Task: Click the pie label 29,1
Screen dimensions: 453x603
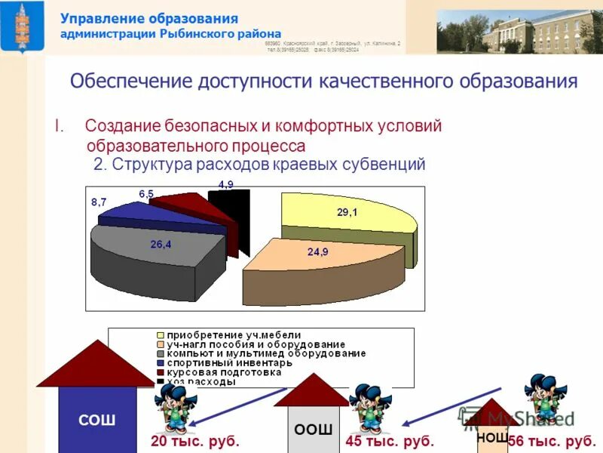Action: click(x=347, y=213)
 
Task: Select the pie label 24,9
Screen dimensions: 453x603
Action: click(x=317, y=251)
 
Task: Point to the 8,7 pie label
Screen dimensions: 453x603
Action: click(x=99, y=202)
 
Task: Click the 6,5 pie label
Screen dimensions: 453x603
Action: click(x=146, y=194)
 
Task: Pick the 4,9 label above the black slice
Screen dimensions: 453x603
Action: click(x=225, y=184)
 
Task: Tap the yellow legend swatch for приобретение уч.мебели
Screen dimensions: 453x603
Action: click(x=161, y=335)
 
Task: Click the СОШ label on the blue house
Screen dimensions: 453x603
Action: click(x=97, y=421)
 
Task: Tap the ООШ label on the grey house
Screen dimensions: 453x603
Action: click(x=313, y=430)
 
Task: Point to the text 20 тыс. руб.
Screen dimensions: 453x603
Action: click(x=195, y=441)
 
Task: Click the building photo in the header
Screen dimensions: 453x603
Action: click(x=519, y=31)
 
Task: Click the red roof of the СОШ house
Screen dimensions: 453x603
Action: click(x=95, y=365)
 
